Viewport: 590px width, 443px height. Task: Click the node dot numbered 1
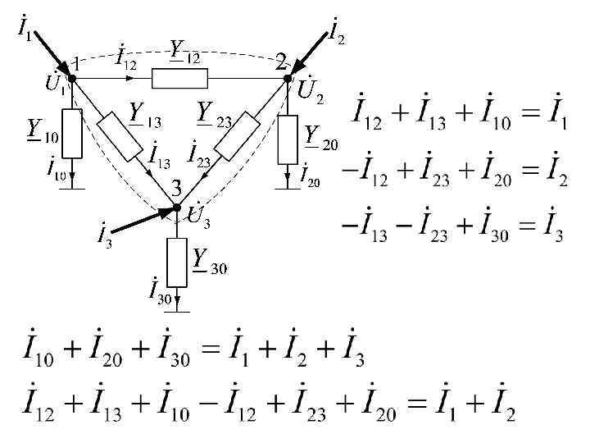(71, 78)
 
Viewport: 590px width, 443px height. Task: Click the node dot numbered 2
(288, 78)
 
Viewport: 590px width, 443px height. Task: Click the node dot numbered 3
(177, 208)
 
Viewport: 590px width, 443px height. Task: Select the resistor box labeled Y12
(180, 78)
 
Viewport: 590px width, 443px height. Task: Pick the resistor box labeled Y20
(288, 139)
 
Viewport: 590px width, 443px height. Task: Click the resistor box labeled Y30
(177, 262)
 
